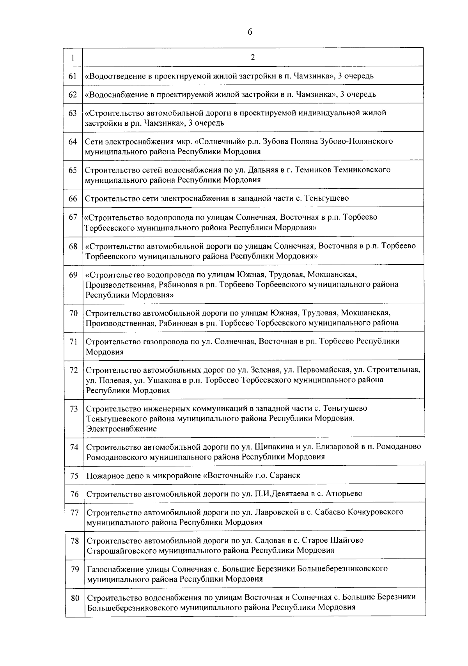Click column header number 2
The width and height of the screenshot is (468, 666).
point(253,57)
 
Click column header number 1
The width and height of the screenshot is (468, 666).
point(73,57)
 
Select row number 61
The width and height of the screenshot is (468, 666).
point(73,76)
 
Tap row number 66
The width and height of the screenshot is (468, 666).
point(73,198)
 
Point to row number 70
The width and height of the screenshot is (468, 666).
point(74,313)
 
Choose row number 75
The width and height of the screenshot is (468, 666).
point(74,475)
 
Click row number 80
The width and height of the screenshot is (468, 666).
point(75,598)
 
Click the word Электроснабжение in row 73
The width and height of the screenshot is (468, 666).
point(121,429)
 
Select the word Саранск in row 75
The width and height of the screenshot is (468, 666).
point(287,475)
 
